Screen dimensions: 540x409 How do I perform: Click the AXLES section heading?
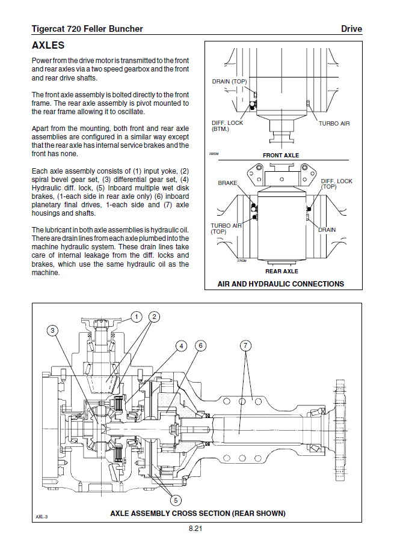pos(48,46)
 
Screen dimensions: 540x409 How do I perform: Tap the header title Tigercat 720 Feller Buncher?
pos(87,29)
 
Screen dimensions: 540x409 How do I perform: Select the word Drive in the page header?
pos(351,29)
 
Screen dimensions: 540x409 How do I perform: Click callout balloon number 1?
pos(137,317)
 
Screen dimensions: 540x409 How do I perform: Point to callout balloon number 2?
pos(155,317)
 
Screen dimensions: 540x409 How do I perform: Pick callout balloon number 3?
pos(53,330)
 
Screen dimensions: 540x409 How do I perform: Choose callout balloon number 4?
pos(180,345)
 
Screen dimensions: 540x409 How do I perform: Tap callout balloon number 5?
pos(176,499)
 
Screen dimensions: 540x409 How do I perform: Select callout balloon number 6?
pos(200,345)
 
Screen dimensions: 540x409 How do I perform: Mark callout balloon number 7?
pos(245,345)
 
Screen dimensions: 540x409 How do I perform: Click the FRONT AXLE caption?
pos(281,156)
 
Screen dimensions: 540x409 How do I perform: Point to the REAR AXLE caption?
pos(281,272)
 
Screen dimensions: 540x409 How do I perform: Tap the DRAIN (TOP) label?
pos(229,82)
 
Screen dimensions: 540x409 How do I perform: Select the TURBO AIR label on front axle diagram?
pos(334,124)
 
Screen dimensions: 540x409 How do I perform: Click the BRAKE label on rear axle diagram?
pos(227,183)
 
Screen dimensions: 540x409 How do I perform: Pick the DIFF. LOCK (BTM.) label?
pos(227,126)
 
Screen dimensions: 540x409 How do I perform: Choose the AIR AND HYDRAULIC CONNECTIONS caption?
pos(281,284)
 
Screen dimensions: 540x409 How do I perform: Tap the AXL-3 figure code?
pos(42,516)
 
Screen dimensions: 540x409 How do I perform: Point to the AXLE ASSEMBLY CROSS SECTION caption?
pos(198,514)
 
